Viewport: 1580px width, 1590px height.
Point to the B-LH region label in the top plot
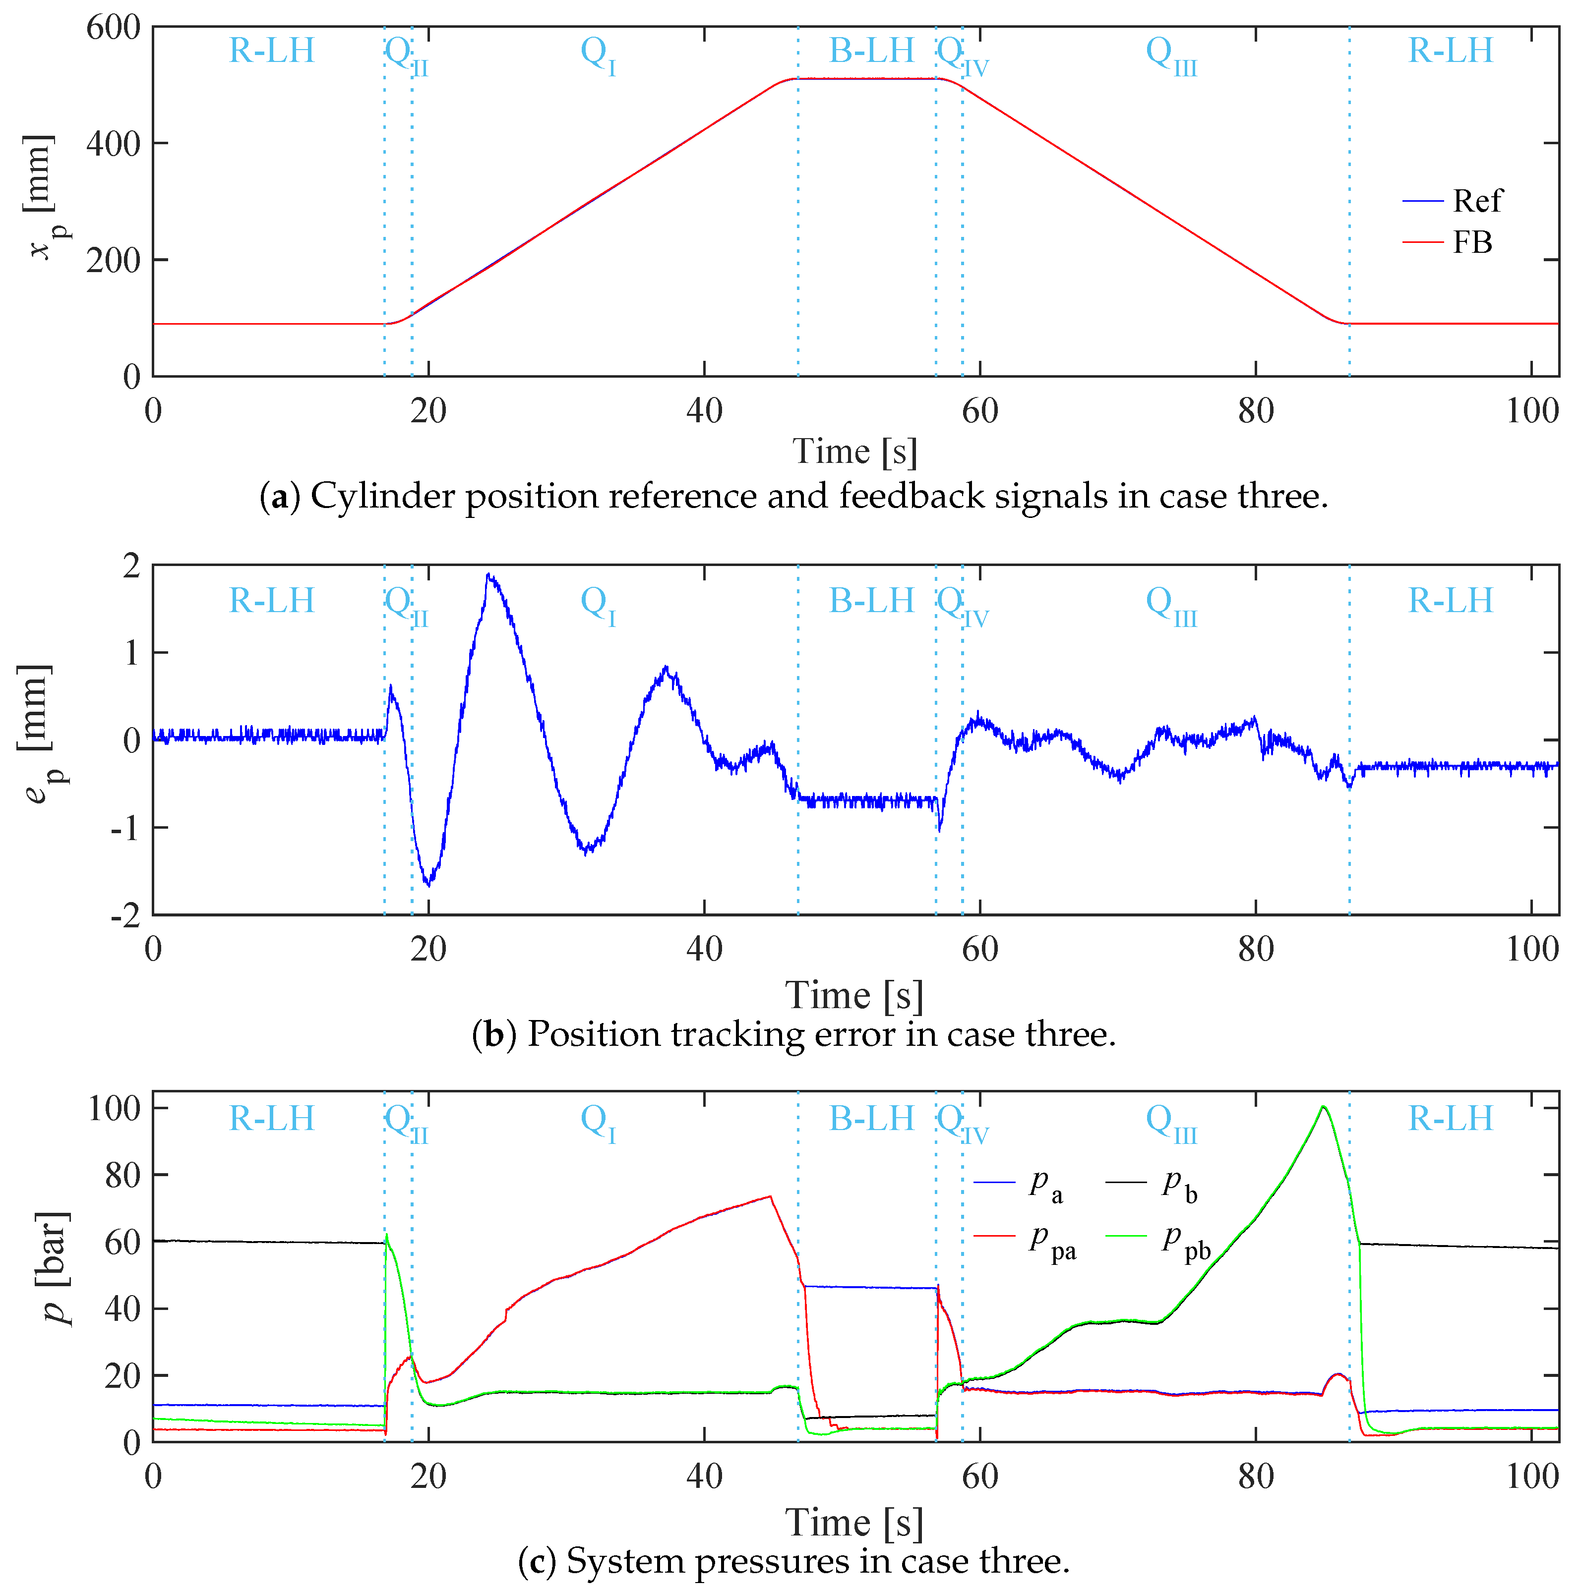[871, 51]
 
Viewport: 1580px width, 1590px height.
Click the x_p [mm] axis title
[40, 198]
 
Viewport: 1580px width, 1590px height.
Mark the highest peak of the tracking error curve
[488, 575]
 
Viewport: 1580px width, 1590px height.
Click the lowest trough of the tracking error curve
[428, 884]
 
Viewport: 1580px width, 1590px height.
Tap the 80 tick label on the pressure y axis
[122, 1175]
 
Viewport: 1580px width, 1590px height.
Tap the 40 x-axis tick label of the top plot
[704, 411]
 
